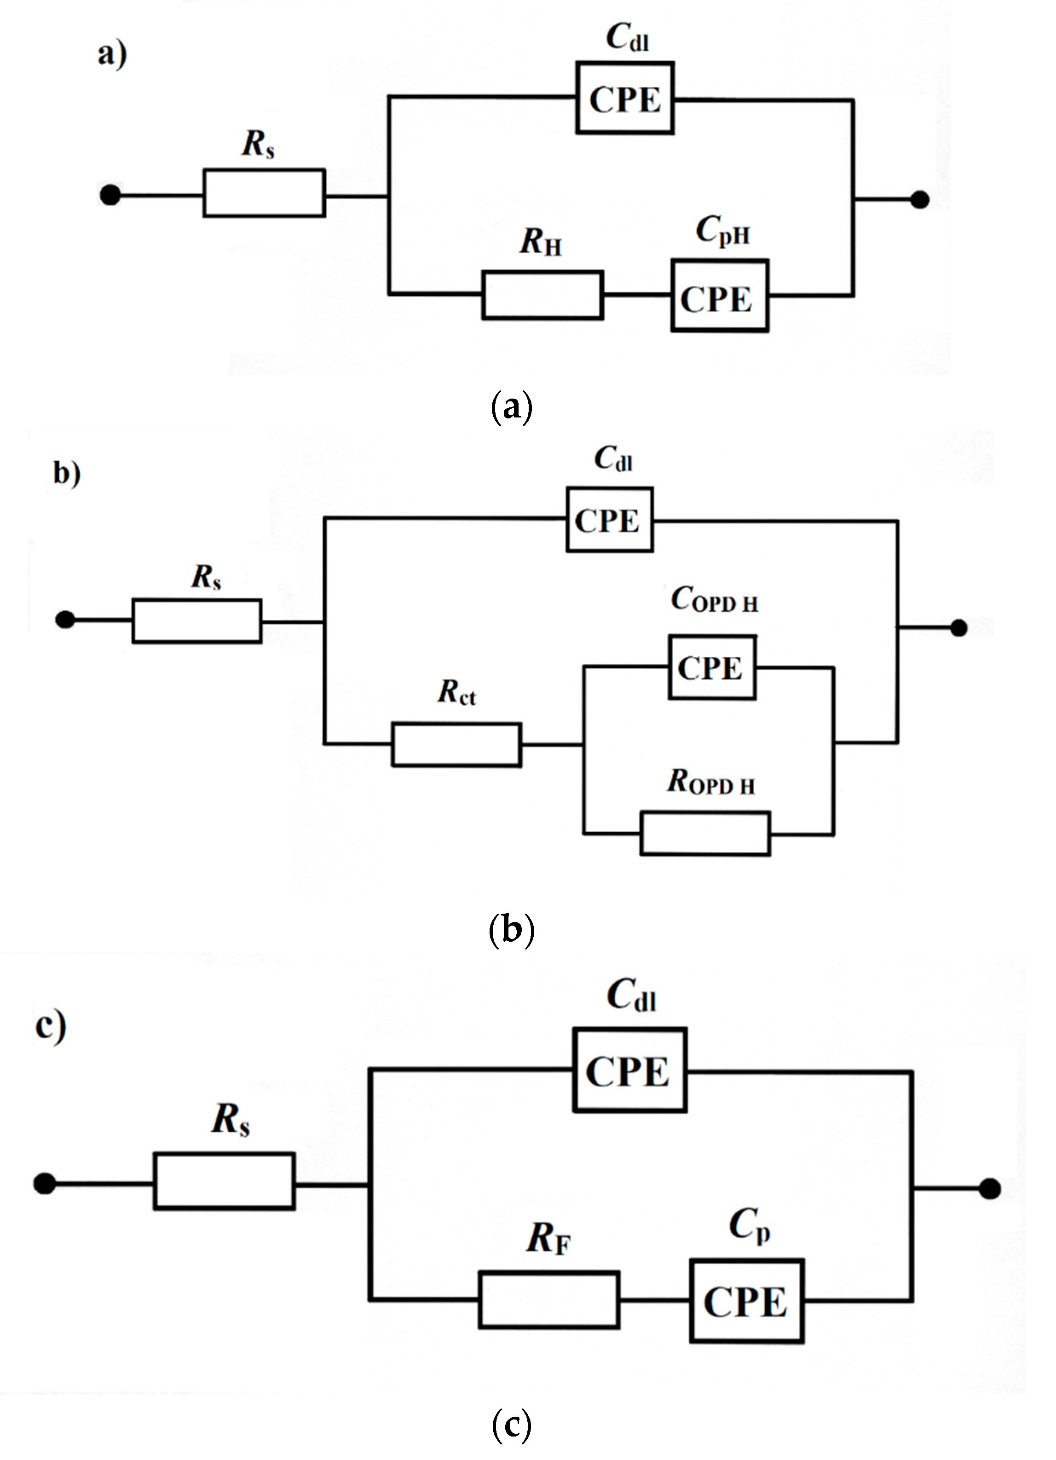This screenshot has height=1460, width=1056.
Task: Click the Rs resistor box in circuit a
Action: click(264, 192)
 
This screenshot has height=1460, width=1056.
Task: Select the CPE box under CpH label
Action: click(720, 295)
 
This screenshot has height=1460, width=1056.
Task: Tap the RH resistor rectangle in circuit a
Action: click(542, 295)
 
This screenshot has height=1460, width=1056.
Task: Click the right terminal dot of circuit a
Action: click(920, 200)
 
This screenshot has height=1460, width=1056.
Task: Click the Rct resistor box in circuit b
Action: click(456, 744)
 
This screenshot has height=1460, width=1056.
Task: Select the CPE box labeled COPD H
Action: click(712, 667)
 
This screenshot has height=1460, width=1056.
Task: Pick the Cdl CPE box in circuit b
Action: click(609, 520)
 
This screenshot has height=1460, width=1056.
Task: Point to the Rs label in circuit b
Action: click(207, 577)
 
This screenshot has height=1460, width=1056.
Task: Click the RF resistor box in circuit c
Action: click(549, 1300)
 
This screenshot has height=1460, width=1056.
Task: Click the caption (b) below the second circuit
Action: click(512, 930)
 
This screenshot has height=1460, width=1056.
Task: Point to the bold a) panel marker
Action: click(112, 54)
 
